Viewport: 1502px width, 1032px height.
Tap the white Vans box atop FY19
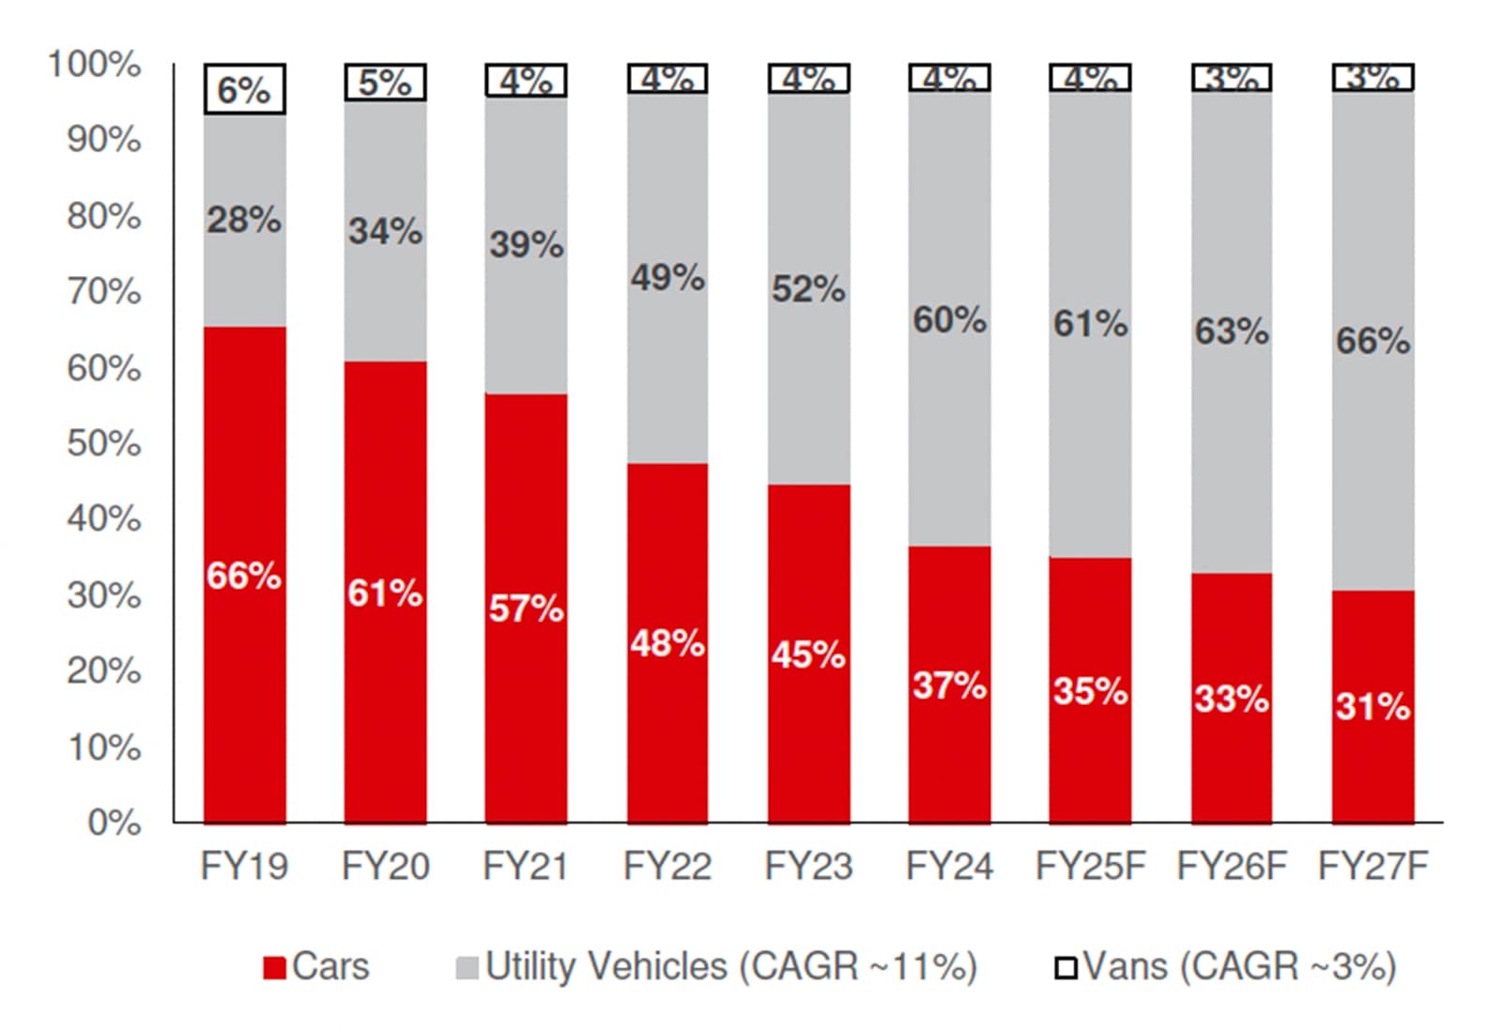click(x=244, y=90)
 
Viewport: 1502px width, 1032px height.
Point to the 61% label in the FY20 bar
click(x=385, y=593)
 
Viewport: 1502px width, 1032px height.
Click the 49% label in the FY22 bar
click(x=667, y=278)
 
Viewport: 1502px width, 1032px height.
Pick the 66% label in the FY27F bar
click(x=1372, y=341)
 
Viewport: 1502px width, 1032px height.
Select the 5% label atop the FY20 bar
click(x=385, y=83)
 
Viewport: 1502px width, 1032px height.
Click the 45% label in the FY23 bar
click(x=808, y=655)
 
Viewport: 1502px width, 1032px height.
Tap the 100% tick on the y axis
click(x=94, y=65)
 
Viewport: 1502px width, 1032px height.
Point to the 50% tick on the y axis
click(x=103, y=443)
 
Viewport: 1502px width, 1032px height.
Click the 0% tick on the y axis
click(x=114, y=823)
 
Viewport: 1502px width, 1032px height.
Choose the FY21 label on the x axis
click(x=526, y=866)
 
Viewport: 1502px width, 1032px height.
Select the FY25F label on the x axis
click(x=1091, y=866)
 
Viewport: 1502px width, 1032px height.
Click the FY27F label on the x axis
click(x=1372, y=866)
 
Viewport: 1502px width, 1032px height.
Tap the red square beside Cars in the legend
click(x=274, y=968)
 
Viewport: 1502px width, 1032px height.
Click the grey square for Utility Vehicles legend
click(x=467, y=968)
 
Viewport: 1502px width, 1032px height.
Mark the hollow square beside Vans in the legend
click(x=1065, y=968)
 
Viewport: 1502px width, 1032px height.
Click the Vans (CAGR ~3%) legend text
click(x=1239, y=966)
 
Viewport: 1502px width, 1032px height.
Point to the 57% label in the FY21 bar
click(x=526, y=608)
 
